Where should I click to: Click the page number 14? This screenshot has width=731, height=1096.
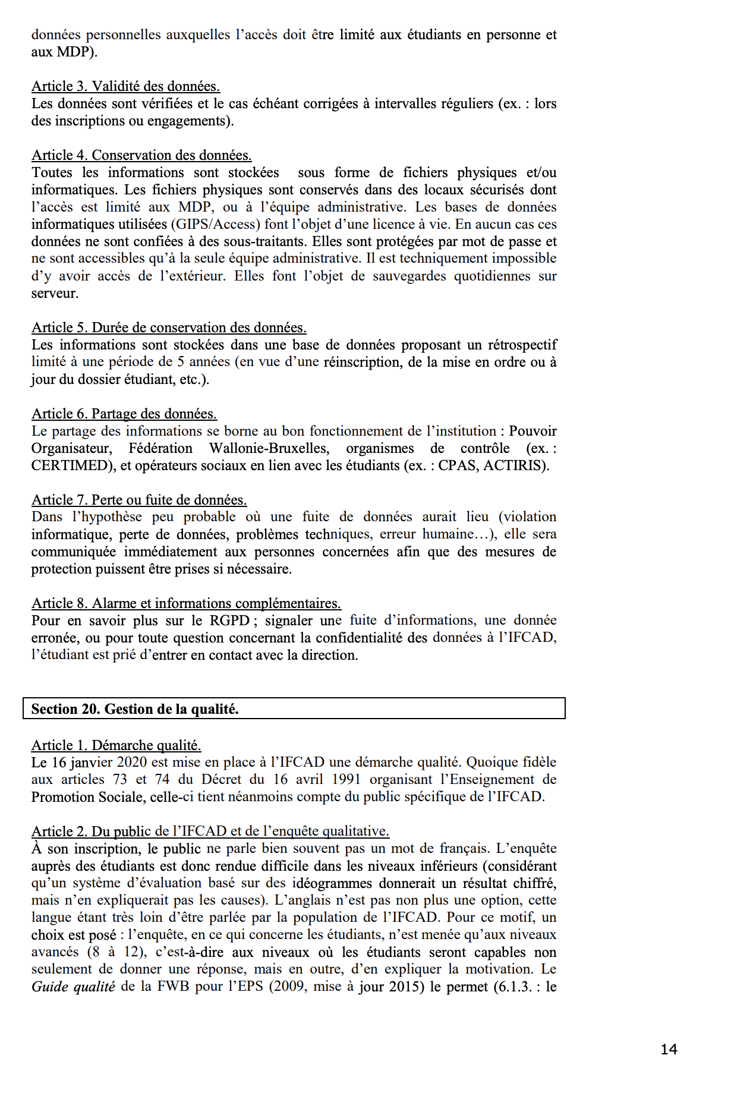click(669, 1049)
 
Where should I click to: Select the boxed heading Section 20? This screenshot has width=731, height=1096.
click(135, 708)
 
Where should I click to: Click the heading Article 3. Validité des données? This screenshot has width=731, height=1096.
click(125, 86)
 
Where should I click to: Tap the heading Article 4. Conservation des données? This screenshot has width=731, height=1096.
click(141, 155)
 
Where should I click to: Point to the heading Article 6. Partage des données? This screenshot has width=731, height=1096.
click(124, 414)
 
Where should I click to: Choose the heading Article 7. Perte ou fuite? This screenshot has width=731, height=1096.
click(139, 500)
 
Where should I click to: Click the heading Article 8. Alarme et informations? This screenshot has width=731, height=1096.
click(186, 603)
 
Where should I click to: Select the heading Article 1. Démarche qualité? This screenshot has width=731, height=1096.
click(116, 745)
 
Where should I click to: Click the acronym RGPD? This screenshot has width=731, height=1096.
click(229, 621)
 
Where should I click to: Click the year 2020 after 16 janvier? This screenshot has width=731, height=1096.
click(133, 762)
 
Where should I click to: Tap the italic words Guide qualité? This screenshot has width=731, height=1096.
click(73, 987)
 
